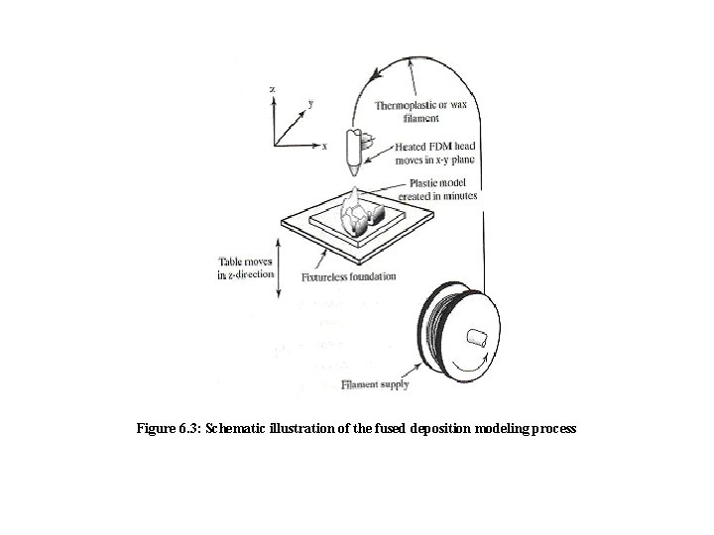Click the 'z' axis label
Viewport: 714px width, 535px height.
[x=273, y=89]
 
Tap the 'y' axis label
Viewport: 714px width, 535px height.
[x=311, y=102]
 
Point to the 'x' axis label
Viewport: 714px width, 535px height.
[x=324, y=146]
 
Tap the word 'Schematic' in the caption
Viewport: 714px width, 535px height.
[x=241, y=431]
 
